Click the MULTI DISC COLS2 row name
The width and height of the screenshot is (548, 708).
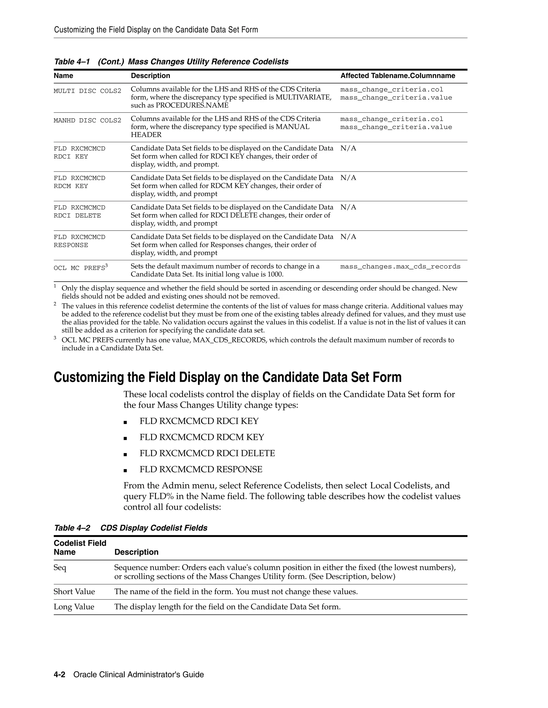87,91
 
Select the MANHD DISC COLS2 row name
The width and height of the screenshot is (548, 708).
87,120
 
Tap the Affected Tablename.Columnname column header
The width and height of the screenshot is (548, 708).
398,76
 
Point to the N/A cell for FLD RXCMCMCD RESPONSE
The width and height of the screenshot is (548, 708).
348,237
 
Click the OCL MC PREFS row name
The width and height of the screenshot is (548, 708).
79,268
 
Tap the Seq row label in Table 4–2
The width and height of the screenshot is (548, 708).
60,568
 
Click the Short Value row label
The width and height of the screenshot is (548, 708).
74,592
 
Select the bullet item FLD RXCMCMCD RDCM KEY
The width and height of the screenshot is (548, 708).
201,437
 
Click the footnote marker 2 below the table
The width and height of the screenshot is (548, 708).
55,304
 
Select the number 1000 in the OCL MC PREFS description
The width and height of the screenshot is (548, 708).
275,275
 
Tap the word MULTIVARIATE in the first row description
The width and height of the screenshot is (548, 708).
303,97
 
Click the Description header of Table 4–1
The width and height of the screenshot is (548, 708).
150,76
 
